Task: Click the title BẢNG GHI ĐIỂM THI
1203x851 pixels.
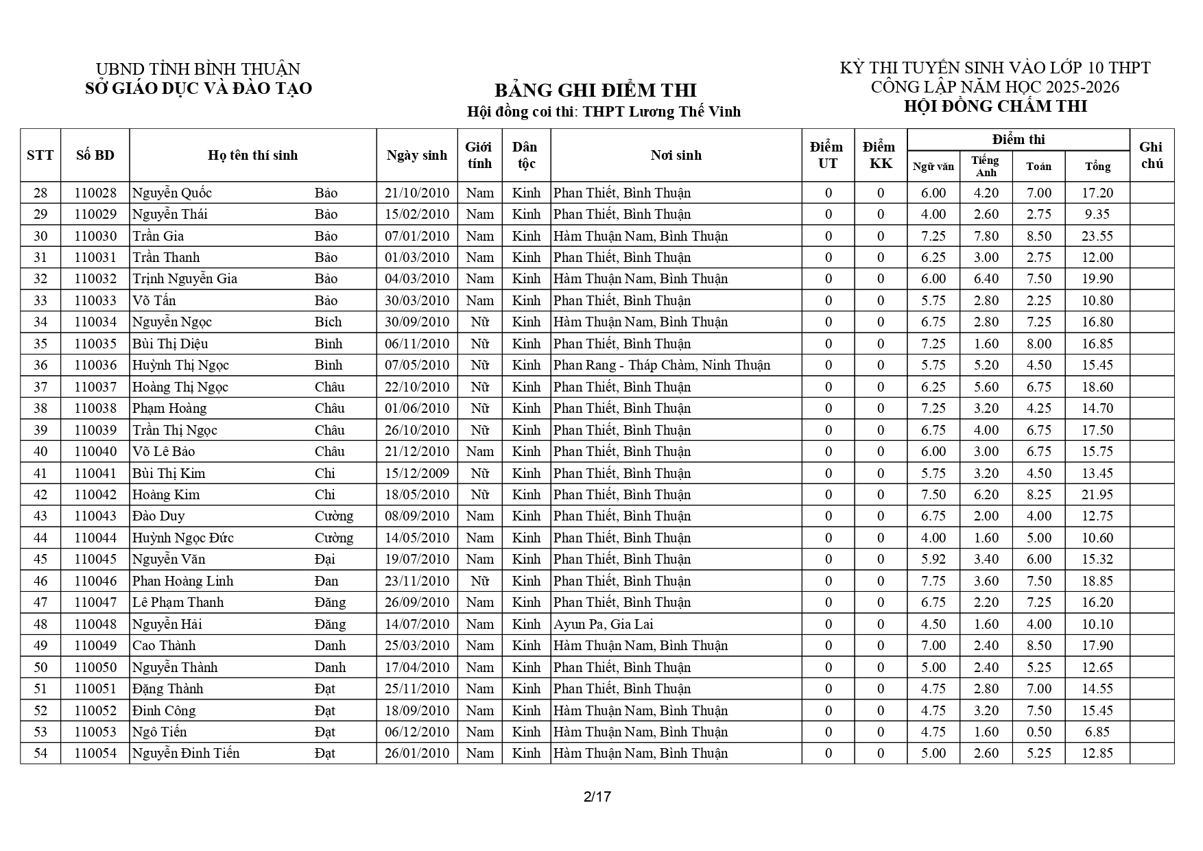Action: tap(595, 91)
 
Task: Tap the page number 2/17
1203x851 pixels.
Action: tap(597, 797)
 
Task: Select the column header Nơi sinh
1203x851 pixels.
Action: tap(676, 156)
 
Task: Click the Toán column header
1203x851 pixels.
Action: tap(1038, 167)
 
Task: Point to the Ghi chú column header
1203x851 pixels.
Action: tap(1151, 156)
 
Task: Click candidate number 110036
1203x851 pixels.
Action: tap(95, 365)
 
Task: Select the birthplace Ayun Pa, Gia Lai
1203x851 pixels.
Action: tap(604, 625)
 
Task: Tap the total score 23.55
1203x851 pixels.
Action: tap(1097, 237)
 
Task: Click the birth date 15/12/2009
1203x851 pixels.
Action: tap(417, 474)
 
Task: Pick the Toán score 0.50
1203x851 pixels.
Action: tap(1038, 732)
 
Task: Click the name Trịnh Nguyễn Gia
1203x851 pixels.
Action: tap(184, 279)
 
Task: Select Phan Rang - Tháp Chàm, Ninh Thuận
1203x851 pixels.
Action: tap(661, 365)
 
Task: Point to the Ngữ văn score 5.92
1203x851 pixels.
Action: tap(933, 560)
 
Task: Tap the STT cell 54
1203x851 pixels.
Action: tap(40, 754)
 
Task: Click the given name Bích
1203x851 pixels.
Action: tap(328, 322)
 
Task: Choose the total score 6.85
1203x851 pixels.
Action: tap(1097, 732)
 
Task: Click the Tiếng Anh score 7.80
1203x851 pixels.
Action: tap(986, 237)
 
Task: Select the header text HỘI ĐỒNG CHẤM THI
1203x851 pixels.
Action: tap(995, 106)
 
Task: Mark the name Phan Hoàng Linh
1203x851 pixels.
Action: tap(182, 582)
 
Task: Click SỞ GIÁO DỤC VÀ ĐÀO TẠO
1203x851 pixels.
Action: tap(198, 88)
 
